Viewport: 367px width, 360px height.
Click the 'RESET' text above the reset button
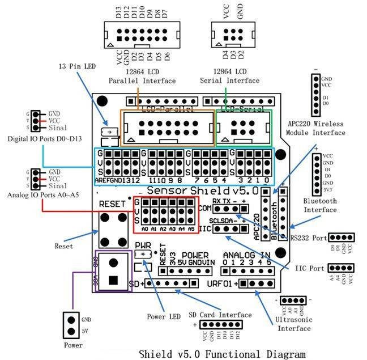tap(112, 204)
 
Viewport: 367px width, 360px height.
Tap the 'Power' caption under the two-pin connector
tap(72, 345)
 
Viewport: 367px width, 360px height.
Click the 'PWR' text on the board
tap(143, 244)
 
